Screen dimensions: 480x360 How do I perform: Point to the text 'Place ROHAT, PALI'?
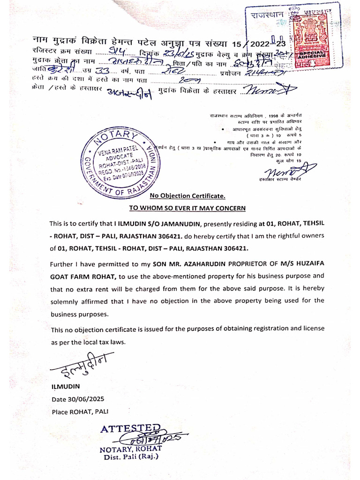tap(80, 412)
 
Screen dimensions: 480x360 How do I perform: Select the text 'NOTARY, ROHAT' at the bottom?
tap(130, 449)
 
